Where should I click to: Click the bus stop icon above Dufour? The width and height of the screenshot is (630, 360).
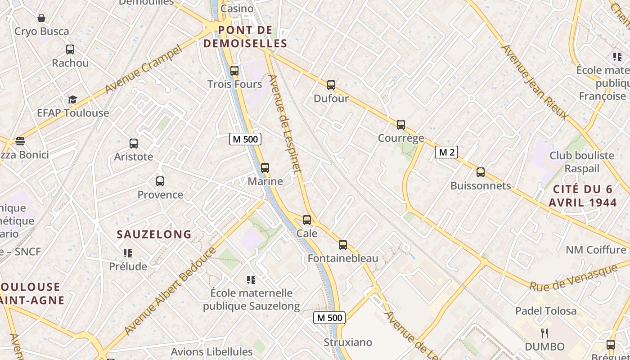[x=331, y=85]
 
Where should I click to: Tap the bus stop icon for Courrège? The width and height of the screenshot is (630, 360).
[x=401, y=125]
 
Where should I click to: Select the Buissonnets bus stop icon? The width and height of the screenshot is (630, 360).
[x=481, y=172]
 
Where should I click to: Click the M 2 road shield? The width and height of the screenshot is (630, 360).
[x=446, y=153]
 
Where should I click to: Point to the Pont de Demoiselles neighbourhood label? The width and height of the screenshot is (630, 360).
[x=245, y=37]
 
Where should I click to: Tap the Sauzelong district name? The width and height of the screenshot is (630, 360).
[x=154, y=234]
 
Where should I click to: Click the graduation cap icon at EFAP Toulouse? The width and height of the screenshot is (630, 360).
[x=72, y=99]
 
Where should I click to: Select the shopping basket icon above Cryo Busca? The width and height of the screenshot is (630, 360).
[x=41, y=18]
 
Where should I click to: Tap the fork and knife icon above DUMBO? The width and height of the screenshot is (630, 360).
[x=544, y=333]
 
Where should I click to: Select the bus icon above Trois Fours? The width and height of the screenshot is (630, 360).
[x=234, y=70]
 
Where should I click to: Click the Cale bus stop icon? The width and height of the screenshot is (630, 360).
[x=307, y=220]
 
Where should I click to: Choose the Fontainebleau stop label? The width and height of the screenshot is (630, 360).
[x=343, y=258]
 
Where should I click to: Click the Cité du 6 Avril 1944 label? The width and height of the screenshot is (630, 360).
[x=583, y=196]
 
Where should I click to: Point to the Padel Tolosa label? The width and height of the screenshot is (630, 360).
[x=545, y=311]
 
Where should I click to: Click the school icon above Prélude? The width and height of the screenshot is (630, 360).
[x=128, y=253]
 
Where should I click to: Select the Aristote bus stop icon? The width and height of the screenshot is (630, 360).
[x=134, y=144]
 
